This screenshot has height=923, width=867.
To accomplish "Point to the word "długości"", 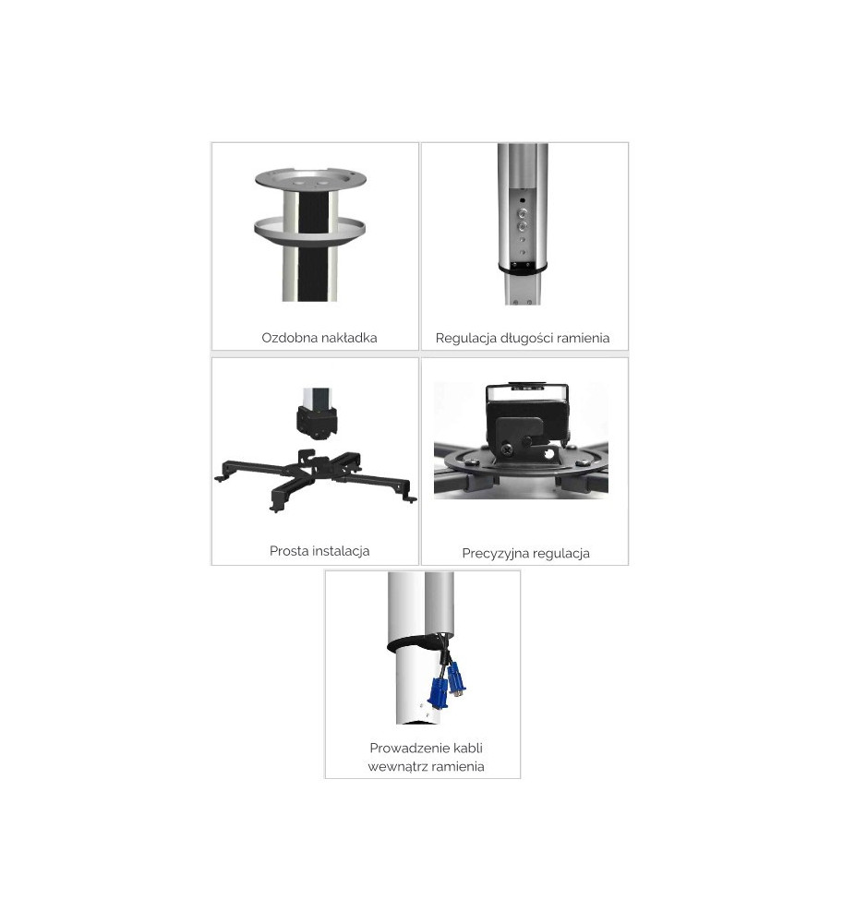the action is (525, 339).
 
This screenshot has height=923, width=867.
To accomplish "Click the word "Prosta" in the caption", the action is (287, 551).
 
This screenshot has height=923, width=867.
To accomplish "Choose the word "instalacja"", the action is (340, 552).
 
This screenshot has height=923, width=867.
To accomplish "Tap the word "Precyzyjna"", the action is (494, 554).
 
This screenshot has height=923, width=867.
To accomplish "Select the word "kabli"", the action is (468, 749).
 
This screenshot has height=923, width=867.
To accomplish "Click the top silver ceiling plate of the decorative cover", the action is (310, 178).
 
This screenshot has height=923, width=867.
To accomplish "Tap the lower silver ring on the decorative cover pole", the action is (310, 230).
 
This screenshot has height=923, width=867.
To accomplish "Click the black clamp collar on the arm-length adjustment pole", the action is (523, 268).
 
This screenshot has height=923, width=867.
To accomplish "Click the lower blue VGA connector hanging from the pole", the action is (438, 692).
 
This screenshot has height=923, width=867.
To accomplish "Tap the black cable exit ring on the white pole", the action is (414, 642).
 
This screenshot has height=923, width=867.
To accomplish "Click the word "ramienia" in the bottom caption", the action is (458, 767).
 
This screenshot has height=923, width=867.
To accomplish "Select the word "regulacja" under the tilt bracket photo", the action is (560, 554).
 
